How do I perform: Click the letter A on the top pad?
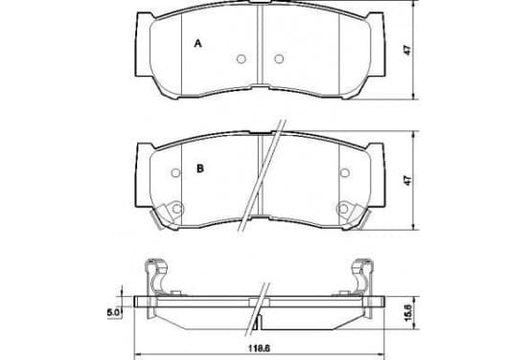tap(198, 43)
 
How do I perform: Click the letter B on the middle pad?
tap(200, 169)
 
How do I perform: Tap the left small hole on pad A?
tap(241, 59)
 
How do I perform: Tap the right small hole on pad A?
tap(279, 59)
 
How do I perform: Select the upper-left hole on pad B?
tap(175, 173)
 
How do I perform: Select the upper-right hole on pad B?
tap(344, 173)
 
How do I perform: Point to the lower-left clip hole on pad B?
tap(176, 209)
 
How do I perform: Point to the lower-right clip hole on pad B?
tap(343, 209)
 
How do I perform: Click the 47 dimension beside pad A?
tap(408, 51)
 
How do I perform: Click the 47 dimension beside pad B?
tap(408, 180)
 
